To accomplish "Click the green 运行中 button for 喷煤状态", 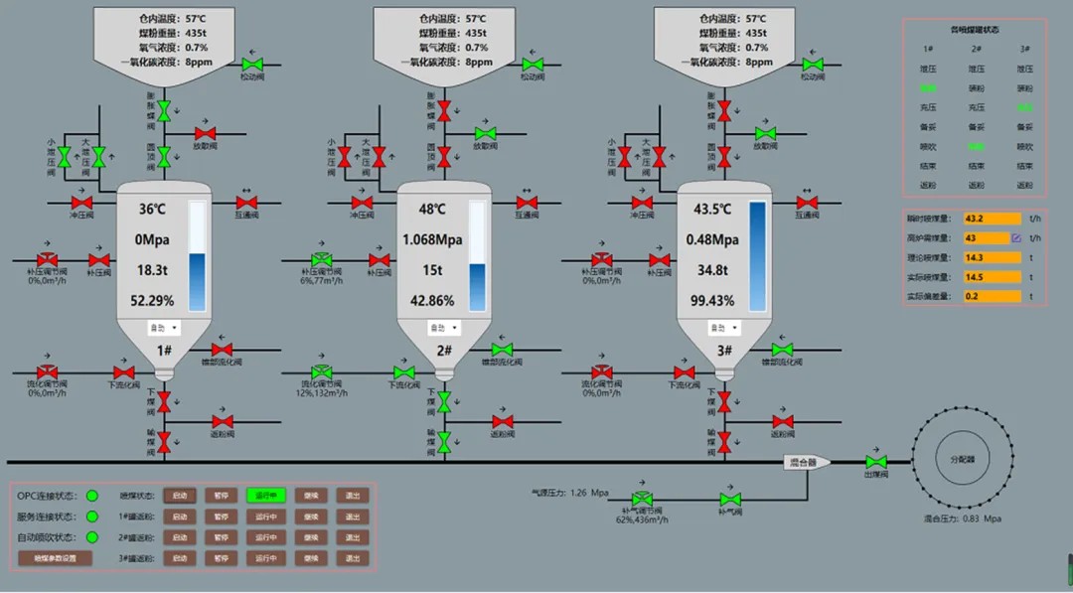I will pyautogui.click(x=266, y=495).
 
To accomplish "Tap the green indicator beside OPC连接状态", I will pyautogui.click(x=92, y=495).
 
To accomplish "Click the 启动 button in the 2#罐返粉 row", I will pyautogui.click(x=180, y=537).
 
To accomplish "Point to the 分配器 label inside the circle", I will pyautogui.click(x=961, y=461).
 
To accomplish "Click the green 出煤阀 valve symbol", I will pyautogui.click(x=876, y=462).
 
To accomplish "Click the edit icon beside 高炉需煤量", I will pyautogui.click(x=1016, y=238).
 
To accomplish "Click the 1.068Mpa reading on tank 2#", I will pyautogui.click(x=432, y=239).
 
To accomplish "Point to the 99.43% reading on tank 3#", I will pyautogui.click(x=711, y=301).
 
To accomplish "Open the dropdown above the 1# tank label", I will pyautogui.click(x=164, y=327).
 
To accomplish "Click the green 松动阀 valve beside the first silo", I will pyautogui.click(x=251, y=65).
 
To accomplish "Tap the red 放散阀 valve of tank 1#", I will pyautogui.click(x=205, y=133).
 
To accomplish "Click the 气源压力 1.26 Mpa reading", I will pyautogui.click(x=572, y=491).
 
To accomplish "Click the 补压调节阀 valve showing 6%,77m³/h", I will pyautogui.click(x=321, y=259).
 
